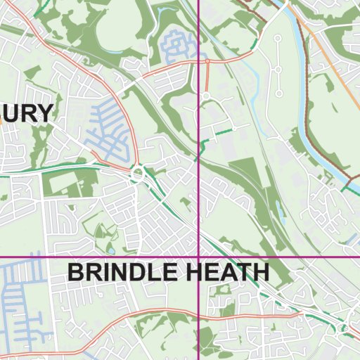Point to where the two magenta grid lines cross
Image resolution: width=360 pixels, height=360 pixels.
[x=198, y=259]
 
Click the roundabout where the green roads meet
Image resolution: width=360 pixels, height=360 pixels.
[x=138, y=172]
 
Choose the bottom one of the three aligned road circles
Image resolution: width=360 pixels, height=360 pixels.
[x=279, y=94]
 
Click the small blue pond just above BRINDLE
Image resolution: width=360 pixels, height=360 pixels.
[x=111, y=249]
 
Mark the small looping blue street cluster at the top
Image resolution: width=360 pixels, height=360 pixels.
[x=179, y=46]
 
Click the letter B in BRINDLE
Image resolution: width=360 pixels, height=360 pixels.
[x=75, y=273]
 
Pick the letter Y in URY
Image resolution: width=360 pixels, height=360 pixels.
[x=44, y=113]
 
